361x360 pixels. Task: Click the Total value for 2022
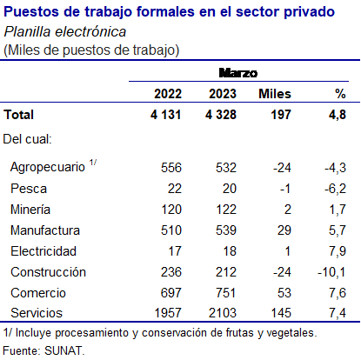pos(166,115)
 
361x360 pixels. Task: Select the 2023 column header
pos(223,94)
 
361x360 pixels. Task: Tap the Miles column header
pos(275,94)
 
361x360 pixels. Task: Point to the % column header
pos(340,94)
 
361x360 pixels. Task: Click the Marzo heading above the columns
pos(238,73)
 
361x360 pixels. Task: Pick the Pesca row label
pos(29,189)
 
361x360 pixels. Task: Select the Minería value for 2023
pos(226,210)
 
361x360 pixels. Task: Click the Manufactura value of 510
pos(171,230)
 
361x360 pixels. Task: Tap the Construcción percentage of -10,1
pos(331,272)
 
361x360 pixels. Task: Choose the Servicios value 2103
pos(223,313)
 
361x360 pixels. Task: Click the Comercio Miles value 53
pos(284,293)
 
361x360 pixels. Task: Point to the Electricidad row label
pos(43,251)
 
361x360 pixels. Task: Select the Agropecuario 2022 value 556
pos(171,168)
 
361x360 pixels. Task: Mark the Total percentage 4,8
pos(338,115)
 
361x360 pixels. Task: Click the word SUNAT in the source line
pos(64,350)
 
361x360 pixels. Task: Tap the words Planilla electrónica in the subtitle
pos(65,31)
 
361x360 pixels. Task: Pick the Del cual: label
pos(28,139)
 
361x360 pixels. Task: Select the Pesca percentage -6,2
pos(335,189)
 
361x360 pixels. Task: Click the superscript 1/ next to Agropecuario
pos(93,163)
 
